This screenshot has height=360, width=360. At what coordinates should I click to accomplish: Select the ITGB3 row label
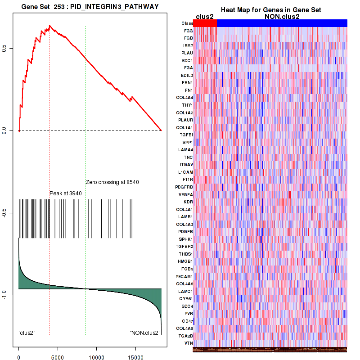pyautogui.click(x=187, y=269)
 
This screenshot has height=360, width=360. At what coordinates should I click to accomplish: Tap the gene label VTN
pyautogui.click(x=189, y=343)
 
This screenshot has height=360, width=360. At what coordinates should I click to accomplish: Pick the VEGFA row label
pyautogui.click(x=186, y=194)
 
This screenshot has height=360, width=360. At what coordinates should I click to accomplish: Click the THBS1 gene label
pyautogui.click(x=187, y=254)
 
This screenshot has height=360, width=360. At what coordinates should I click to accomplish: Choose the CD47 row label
pyautogui.click(x=188, y=321)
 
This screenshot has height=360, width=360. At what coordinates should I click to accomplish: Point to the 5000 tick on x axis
pyautogui.click(x=57, y=354)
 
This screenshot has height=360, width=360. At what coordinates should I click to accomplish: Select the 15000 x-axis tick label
pyautogui.click(x=134, y=354)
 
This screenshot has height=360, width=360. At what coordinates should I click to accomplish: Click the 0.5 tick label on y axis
pyautogui.click(x=4, y=48)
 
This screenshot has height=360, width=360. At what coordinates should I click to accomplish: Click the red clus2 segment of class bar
pyautogui.click(x=205, y=23)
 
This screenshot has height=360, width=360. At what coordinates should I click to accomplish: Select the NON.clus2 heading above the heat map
pyautogui.click(x=282, y=16)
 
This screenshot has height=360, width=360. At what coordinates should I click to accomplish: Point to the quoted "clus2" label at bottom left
pyautogui.click(x=27, y=333)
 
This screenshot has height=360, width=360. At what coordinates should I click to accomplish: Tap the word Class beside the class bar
pyautogui.click(x=187, y=23)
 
